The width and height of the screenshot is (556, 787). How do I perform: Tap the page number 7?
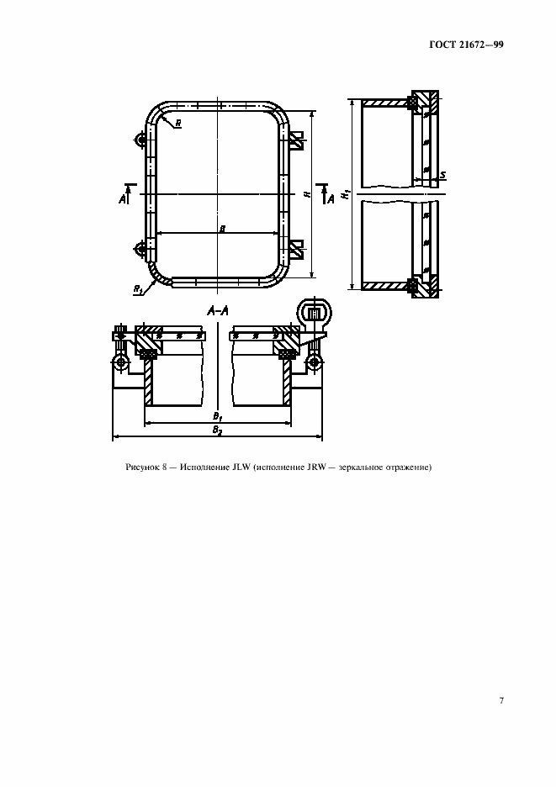501,700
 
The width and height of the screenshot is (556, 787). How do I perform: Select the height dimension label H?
307,194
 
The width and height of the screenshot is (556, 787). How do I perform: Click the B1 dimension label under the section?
217,416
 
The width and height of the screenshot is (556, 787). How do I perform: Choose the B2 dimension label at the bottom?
217,430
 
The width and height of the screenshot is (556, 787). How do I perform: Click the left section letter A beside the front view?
122,199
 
